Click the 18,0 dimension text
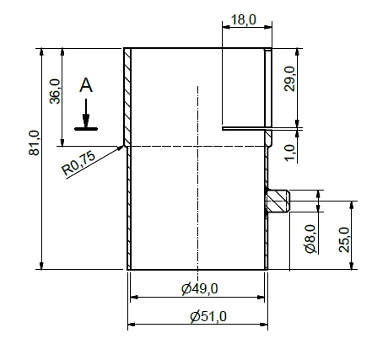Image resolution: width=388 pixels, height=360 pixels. (244, 20)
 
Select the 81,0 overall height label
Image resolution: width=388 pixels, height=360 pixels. (34, 142)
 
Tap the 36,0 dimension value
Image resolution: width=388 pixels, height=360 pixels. (55, 91)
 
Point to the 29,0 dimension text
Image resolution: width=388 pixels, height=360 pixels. (289, 78)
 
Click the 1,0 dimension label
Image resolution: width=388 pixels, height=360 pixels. (289, 153)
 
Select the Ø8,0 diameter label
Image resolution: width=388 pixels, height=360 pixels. (310, 239)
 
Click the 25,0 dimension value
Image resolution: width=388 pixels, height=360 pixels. (344, 239)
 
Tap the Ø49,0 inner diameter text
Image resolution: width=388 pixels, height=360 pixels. (200, 288)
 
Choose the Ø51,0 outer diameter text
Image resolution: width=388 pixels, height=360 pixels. (208, 316)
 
